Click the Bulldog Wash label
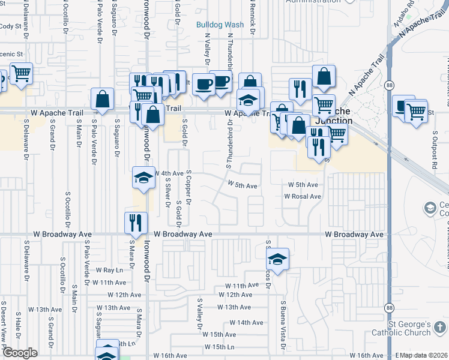[x=221, y=25]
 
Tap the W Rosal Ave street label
[x=303, y=196]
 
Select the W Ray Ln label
[x=109, y=271]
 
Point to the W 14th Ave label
[x=247, y=322]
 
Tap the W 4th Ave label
[x=169, y=173]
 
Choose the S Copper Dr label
[x=188, y=187]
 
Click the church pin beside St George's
[x=441, y=328]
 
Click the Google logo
[x=20, y=353]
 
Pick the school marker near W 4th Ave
[x=143, y=178]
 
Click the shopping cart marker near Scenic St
[x=21, y=74]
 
